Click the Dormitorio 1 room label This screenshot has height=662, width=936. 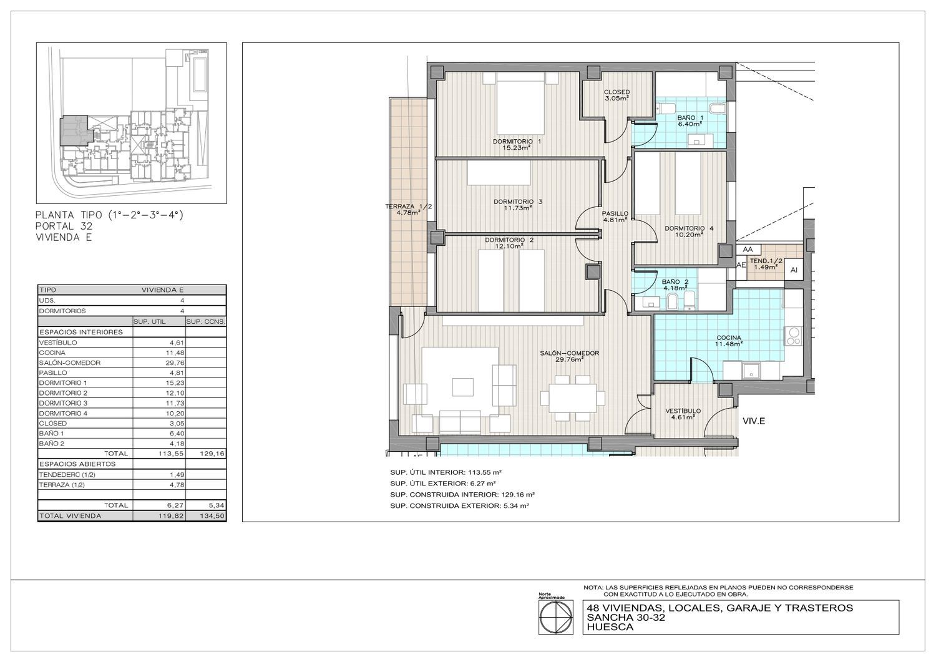517,144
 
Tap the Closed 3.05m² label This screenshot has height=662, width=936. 617,95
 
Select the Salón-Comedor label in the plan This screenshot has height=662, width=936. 570,356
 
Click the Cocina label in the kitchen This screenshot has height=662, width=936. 729,341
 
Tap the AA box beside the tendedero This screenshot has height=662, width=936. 748,250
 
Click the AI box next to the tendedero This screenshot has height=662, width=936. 794,270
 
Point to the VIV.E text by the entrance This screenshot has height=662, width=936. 754,421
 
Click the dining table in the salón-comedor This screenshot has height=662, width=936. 572,398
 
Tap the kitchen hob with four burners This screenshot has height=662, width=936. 793,336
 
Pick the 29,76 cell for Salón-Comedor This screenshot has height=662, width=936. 175,363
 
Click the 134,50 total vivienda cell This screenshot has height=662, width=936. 212,516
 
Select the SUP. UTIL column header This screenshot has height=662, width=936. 150,322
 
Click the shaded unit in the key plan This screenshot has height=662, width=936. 74,131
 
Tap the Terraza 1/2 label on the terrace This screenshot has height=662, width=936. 408,209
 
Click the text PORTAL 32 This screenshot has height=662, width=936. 64,226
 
